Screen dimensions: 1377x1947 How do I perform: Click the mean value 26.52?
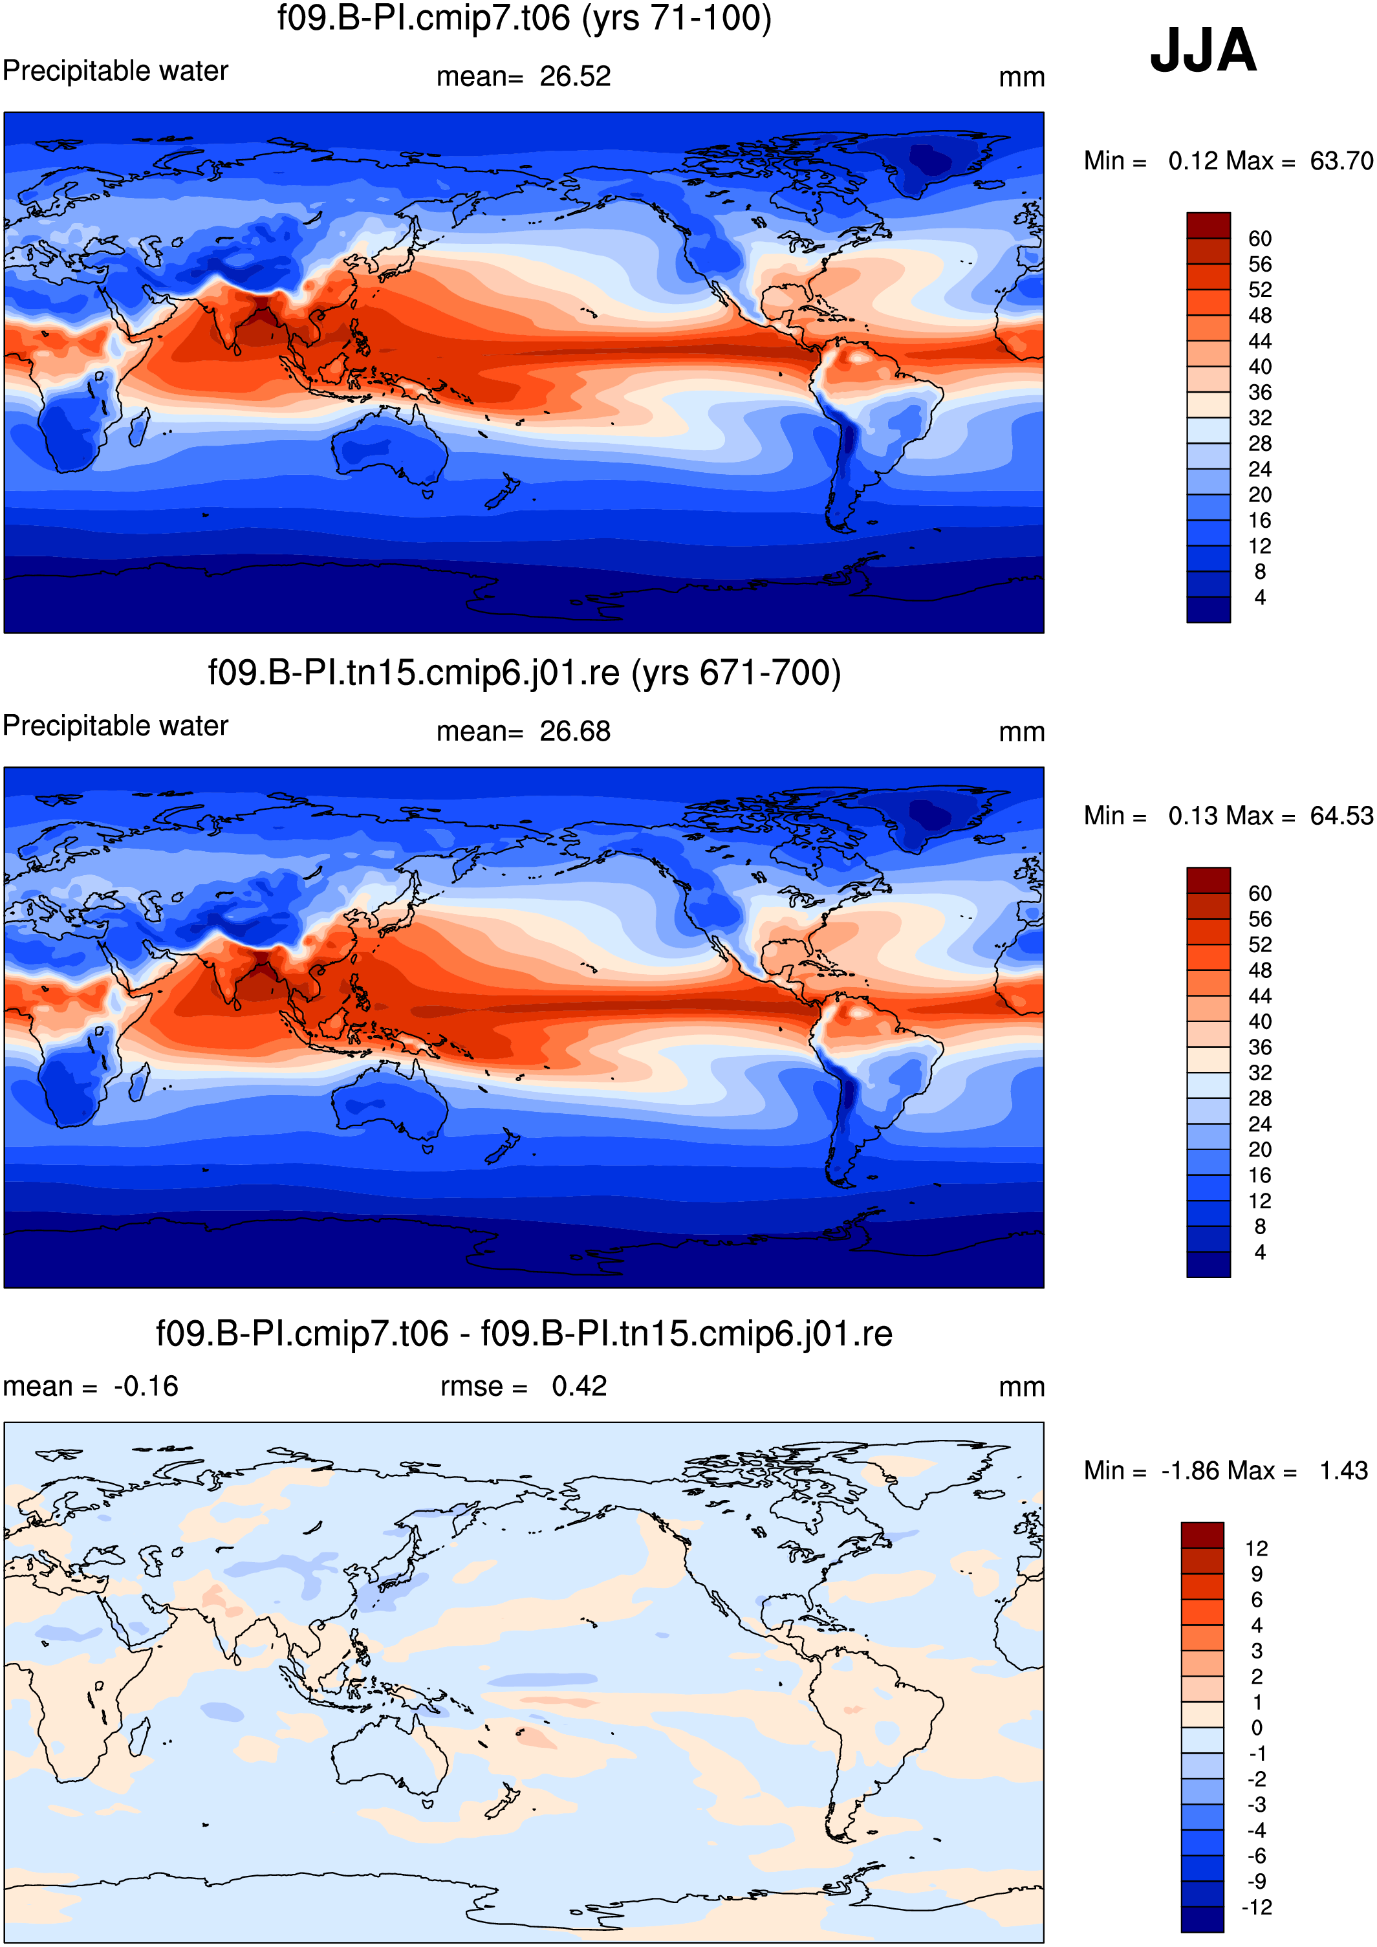575,76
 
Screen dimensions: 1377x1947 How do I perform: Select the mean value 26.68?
575,731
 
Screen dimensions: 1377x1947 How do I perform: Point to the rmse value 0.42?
579,1386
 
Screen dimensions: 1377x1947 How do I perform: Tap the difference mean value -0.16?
146,1386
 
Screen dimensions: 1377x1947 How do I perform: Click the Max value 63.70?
1341,160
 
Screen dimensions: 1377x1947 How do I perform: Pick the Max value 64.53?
1341,815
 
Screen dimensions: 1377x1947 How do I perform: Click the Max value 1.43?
1343,1470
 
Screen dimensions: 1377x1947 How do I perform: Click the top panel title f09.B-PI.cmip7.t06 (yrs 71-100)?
524,18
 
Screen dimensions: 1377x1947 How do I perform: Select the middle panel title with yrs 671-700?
524,673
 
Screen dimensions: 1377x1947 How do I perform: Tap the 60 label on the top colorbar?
1260,238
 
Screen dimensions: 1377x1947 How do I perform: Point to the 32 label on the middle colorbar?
1260,1072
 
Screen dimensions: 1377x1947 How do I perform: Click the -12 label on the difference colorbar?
1257,1907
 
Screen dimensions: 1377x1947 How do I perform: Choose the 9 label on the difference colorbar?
1257,1574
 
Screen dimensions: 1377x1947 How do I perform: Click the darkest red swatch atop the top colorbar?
1208,226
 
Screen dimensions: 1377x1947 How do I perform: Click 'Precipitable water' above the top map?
115,71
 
